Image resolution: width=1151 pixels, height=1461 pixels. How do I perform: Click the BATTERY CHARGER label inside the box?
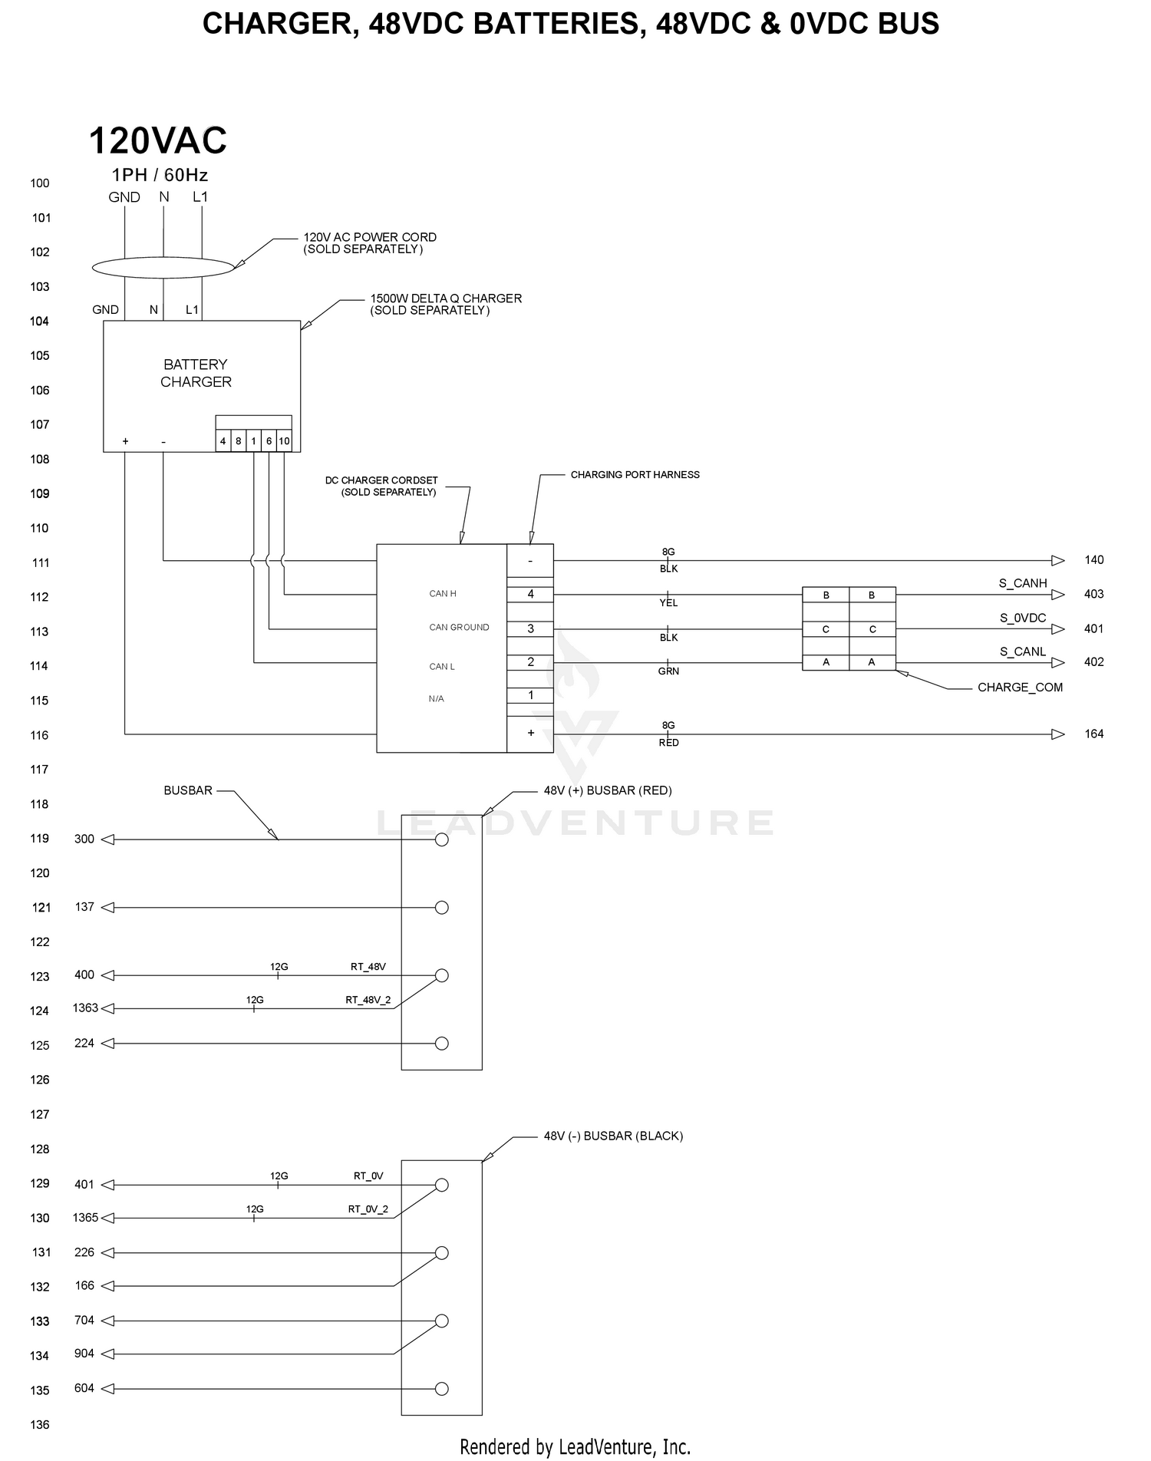[196, 373]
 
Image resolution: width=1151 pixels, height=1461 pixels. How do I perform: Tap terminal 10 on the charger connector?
[284, 441]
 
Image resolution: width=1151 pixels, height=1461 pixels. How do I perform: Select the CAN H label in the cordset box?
[443, 594]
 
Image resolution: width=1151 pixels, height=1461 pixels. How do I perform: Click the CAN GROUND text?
[459, 628]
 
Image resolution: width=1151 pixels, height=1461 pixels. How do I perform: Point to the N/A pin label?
[436, 699]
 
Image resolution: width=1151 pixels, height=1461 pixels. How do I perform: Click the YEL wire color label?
[668, 603]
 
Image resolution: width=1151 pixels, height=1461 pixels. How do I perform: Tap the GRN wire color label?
[668, 671]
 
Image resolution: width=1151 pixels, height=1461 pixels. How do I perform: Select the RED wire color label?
[668, 743]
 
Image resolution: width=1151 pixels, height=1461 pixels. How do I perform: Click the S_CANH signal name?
[1023, 583]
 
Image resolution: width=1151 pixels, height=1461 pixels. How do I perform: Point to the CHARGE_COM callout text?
[1020, 688]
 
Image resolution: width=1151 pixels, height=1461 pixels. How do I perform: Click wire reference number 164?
[1094, 734]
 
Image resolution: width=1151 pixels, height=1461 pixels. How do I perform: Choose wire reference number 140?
[1094, 560]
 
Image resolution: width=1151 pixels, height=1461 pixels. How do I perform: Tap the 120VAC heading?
[158, 140]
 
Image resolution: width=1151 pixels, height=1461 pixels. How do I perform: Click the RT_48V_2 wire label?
[368, 1000]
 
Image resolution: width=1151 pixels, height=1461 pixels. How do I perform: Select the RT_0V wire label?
[368, 1176]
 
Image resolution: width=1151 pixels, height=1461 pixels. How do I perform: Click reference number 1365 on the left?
[85, 1218]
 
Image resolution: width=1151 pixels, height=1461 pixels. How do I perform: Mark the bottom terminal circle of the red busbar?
[441, 1044]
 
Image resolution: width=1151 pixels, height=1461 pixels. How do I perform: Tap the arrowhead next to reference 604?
[107, 1389]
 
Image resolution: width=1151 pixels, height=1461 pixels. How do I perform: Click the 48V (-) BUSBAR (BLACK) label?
[613, 1136]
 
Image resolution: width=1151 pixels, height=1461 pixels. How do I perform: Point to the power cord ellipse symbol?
[163, 268]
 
